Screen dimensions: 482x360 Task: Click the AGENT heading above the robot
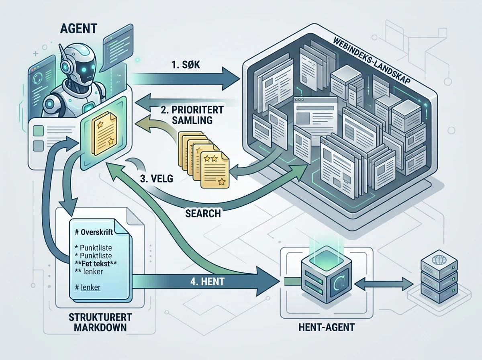pyautogui.click(x=78, y=29)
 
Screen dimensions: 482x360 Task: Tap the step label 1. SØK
pyautogui.click(x=186, y=65)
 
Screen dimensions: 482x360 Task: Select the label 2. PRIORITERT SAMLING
pyautogui.click(x=192, y=115)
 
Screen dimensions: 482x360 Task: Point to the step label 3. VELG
pyautogui.click(x=157, y=179)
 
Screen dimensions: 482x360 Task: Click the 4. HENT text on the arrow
pyautogui.click(x=207, y=282)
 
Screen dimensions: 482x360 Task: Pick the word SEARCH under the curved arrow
pyautogui.click(x=203, y=213)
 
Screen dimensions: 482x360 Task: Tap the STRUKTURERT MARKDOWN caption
pyautogui.click(x=100, y=322)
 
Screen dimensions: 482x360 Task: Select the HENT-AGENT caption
pyautogui.click(x=327, y=327)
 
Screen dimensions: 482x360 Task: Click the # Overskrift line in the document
pyautogui.click(x=94, y=232)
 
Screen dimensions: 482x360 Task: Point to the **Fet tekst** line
pyautogui.click(x=96, y=263)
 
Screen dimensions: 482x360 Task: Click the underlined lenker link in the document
pyautogui.click(x=90, y=287)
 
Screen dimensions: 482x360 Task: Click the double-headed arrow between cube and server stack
pyautogui.click(x=384, y=284)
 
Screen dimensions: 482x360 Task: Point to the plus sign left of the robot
pyautogui.click(x=36, y=53)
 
